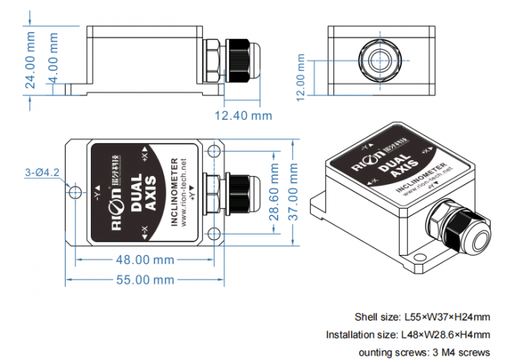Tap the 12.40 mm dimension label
243,116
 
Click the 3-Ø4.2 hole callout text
42,172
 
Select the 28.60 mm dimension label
275,197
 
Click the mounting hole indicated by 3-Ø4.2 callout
75,192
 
